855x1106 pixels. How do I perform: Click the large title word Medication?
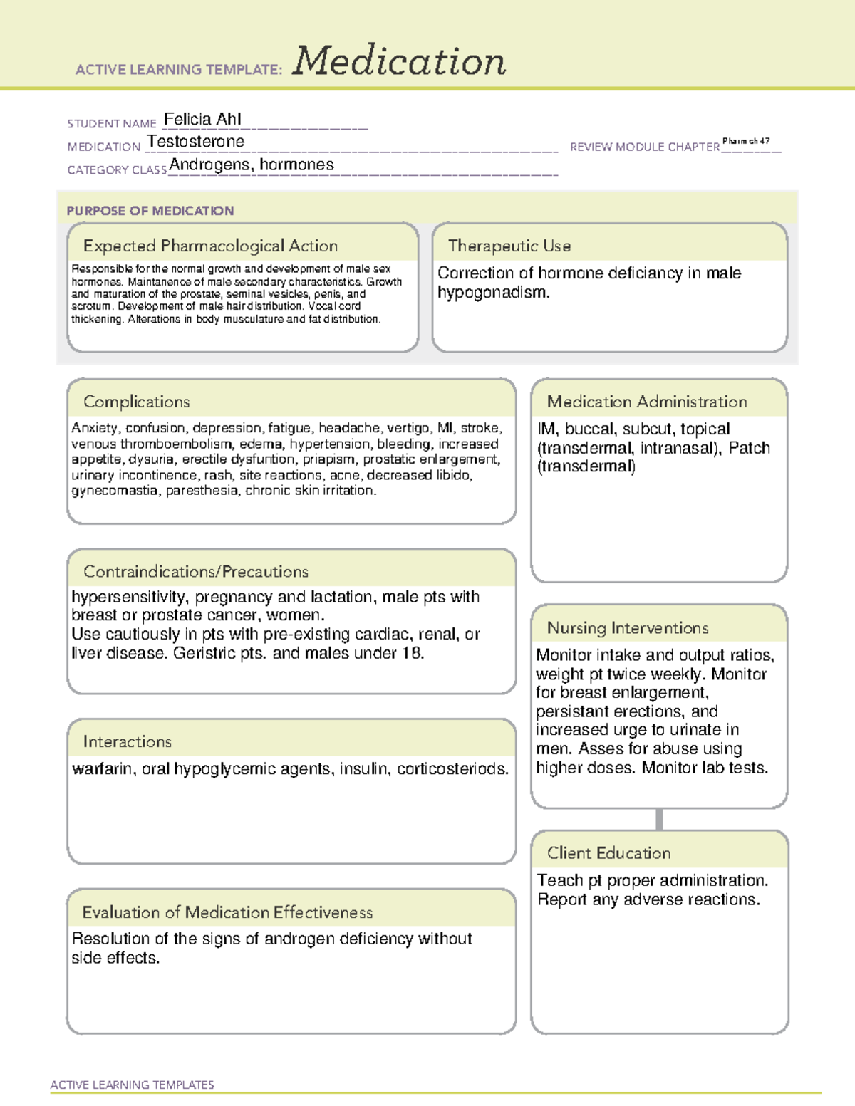click(x=399, y=61)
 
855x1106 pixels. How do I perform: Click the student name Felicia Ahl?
click(x=202, y=119)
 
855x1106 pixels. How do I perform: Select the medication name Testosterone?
click(x=195, y=142)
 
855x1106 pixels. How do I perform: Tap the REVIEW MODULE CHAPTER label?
click(x=644, y=147)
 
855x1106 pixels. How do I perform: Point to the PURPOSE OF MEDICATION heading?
click(x=150, y=211)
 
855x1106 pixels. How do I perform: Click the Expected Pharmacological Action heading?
click(x=210, y=246)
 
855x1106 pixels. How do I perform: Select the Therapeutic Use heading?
click(x=509, y=246)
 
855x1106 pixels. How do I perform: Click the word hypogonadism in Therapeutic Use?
click(x=492, y=293)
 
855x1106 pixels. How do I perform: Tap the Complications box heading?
click(x=136, y=402)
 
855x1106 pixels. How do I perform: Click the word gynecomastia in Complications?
click(x=115, y=491)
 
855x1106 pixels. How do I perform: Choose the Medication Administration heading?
click(x=646, y=402)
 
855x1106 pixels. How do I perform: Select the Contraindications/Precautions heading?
click(x=195, y=572)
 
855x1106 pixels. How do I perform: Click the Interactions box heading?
click(x=127, y=742)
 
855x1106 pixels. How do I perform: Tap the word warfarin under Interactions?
click(x=103, y=769)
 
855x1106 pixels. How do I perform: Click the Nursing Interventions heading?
click(x=627, y=628)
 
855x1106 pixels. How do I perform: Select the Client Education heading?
click(x=608, y=853)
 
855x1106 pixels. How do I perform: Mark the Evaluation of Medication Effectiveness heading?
click(x=227, y=912)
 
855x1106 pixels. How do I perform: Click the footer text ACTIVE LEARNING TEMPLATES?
click(x=132, y=1085)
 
